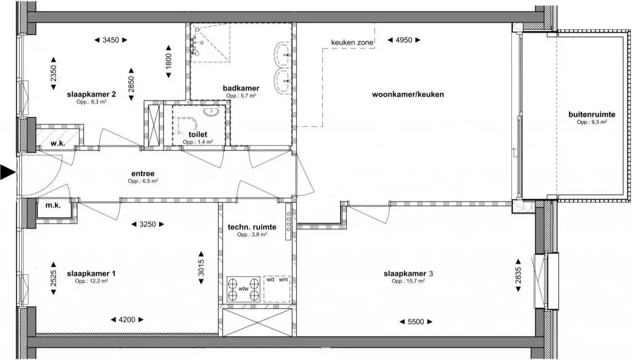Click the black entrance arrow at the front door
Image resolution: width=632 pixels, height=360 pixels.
(x=8, y=172)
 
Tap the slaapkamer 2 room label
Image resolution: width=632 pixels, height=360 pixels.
(x=91, y=94)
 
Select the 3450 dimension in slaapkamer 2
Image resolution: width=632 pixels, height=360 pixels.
(x=111, y=40)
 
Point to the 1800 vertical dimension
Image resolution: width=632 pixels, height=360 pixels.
(x=168, y=61)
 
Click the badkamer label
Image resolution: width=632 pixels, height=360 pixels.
(x=241, y=88)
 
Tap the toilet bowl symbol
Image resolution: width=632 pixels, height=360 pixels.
(x=187, y=125)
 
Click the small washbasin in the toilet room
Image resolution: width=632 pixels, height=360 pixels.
(x=211, y=112)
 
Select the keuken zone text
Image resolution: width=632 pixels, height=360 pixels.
(x=352, y=42)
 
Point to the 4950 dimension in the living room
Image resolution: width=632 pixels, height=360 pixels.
(x=404, y=40)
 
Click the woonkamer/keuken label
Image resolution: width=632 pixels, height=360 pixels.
(x=408, y=94)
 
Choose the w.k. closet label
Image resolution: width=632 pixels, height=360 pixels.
(x=58, y=143)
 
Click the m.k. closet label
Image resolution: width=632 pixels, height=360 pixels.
(x=53, y=205)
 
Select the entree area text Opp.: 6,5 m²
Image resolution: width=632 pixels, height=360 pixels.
(x=143, y=181)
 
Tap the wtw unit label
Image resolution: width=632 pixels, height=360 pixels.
(x=243, y=289)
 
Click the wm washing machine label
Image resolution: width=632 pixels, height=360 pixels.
(x=283, y=279)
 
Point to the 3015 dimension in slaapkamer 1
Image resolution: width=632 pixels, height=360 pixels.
(x=201, y=268)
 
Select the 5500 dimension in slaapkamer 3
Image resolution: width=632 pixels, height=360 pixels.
(x=416, y=322)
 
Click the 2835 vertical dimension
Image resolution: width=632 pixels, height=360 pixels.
(x=518, y=275)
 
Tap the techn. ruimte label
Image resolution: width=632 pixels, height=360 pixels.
(x=252, y=227)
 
